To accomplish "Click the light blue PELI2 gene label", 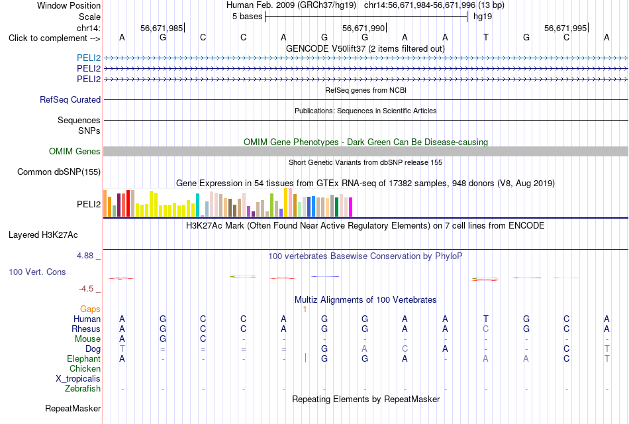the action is pos(89,58).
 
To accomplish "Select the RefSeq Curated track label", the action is pos(70,99).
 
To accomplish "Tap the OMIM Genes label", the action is pos(75,151).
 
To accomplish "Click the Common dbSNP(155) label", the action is pos(59,172).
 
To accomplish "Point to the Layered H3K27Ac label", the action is pos(43,235).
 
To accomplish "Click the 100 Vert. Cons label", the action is pos(37,272).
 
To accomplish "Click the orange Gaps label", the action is pos(90,309).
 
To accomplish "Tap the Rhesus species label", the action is pos(86,329).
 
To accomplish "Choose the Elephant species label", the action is pos(84,358).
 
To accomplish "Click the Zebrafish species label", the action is pos(83,388).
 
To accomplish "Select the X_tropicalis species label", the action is pos(78,379).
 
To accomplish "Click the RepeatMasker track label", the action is pos(73,408).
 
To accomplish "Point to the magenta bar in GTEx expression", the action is pos(351,207).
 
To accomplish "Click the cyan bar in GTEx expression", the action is pos(197,205).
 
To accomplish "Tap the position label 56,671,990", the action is pos(363,28).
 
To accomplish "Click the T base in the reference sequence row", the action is pos(486,37).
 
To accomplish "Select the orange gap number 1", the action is pos(305,309).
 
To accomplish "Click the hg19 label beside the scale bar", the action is pos(483,17).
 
